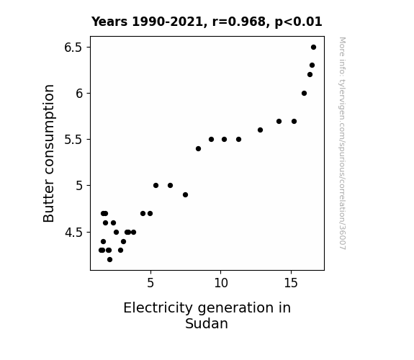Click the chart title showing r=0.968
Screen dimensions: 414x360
point(207,22)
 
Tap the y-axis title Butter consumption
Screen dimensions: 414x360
point(48,153)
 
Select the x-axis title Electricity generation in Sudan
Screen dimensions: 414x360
point(207,315)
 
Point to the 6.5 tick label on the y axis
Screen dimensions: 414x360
point(73,48)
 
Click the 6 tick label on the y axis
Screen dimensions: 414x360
point(79,94)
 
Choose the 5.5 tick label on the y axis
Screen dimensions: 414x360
point(73,140)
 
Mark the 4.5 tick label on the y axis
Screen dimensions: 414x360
point(73,233)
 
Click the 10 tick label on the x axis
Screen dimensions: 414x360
point(221,283)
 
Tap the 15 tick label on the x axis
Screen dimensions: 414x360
point(291,283)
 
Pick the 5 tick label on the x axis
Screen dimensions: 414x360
point(150,283)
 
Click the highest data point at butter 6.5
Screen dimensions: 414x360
point(313,48)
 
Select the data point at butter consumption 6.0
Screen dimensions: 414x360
point(304,93)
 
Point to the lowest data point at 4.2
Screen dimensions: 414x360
point(110,260)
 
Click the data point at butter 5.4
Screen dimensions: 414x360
point(198,149)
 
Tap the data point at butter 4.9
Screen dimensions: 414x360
point(185,194)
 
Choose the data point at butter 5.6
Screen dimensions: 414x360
point(260,130)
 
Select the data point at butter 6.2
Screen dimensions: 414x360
point(310,75)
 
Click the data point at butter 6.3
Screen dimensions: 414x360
point(312,66)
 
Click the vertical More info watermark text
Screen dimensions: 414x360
point(342,143)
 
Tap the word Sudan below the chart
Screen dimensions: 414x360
point(207,323)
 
